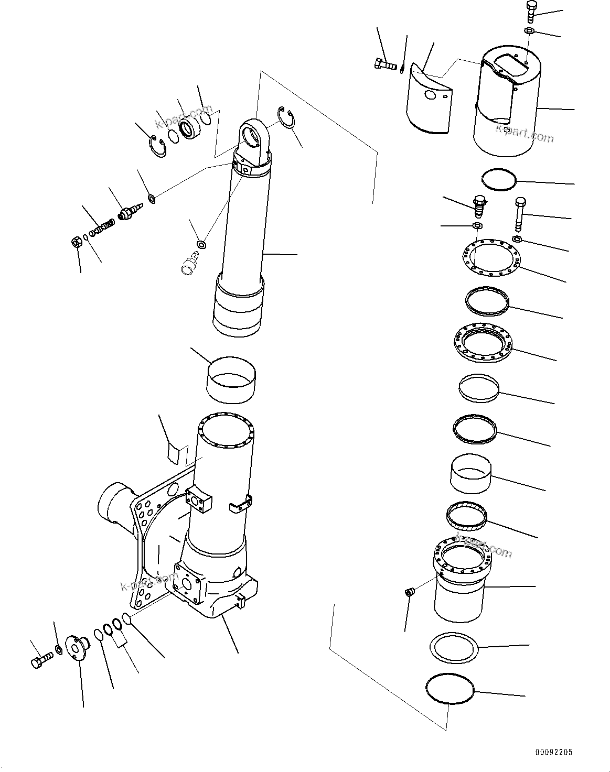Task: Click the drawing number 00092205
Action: coord(553,752)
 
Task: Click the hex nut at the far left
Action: coord(75,242)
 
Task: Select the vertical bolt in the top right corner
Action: coord(529,12)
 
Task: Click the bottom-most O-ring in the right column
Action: coord(450,691)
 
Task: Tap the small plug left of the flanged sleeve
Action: coord(410,592)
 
